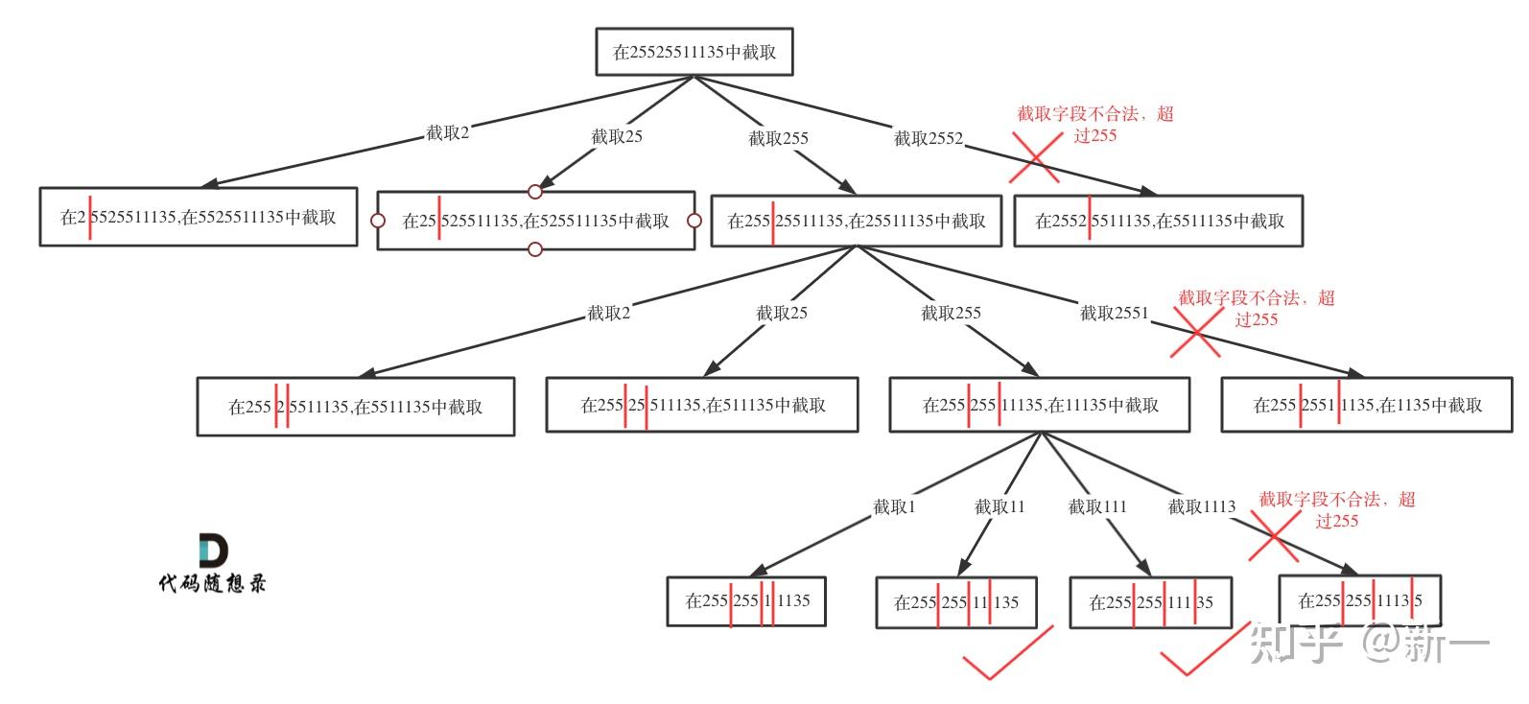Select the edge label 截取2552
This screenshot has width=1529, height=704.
point(929,139)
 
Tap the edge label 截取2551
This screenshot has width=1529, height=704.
point(1114,314)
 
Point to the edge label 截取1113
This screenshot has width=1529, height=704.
point(1201,506)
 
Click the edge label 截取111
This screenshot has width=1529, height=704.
point(1097,506)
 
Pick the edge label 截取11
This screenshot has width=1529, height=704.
point(1000,506)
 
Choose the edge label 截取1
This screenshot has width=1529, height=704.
point(894,506)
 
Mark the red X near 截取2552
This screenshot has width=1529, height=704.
point(1036,157)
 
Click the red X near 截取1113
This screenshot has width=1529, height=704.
point(1275,536)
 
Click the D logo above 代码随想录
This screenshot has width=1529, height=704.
point(213,551)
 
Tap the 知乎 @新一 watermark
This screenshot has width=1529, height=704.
point(1369,644)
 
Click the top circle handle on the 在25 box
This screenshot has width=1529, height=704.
point(535,192)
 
